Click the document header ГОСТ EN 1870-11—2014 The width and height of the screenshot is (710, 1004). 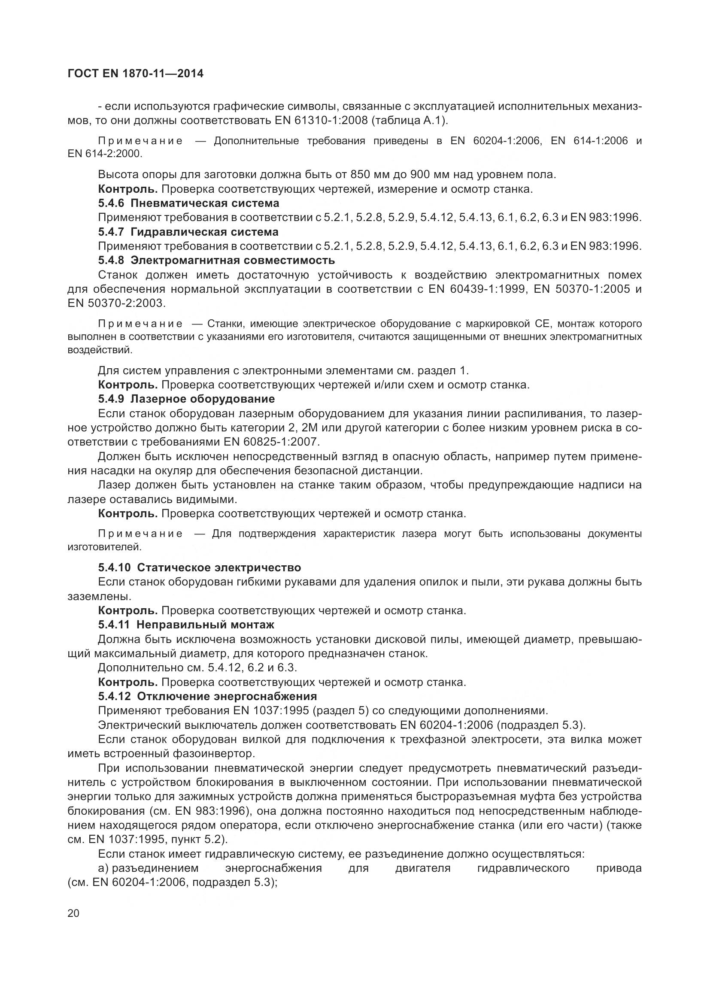[136, 73]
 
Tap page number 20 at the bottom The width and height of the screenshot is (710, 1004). [73, 913]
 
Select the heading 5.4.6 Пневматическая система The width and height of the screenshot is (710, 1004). [188, 203]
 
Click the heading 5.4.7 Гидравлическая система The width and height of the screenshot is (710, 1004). [188, 232]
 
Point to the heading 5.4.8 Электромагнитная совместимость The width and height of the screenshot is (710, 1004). [216, 261]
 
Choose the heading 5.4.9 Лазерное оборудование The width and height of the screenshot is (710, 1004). [186, 399]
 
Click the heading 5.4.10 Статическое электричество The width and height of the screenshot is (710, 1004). [199, 567]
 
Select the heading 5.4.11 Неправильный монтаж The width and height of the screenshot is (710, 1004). [186, 625]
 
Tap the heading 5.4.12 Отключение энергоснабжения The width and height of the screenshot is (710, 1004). [207, 696]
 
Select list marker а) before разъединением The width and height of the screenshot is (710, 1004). [104, 868]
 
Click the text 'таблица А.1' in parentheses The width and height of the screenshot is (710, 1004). [409, 121]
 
